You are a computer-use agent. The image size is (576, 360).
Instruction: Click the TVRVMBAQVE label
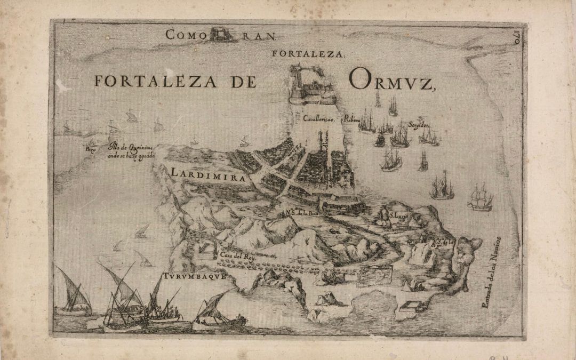pos(196,277)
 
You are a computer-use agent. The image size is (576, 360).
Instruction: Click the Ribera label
pos(353,118)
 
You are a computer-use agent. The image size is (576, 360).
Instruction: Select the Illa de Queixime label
pos(132,146)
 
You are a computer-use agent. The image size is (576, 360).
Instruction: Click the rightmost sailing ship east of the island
pos(479,198)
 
